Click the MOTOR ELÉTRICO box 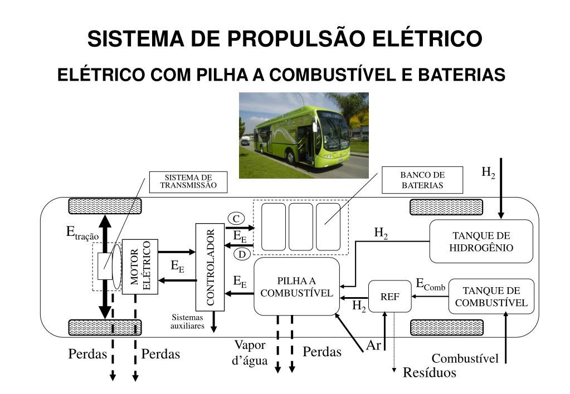[x=140, y=266]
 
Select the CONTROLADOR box [x=210, y=267]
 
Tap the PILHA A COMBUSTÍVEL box [x=296, y=286]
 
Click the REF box [x=389, y=296]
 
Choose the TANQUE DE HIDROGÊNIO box [x=481, y=241]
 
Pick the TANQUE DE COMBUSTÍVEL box [x=491, y=296]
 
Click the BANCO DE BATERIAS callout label [x=422, y=180]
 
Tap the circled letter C [x=236, y=218]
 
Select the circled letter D [x=242, y=254]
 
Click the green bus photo [x=304, y=135]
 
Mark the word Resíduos [x=429, y=373]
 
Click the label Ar [x=373, y=346]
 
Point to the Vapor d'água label [x=250, y=352]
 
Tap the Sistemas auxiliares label [x=187, y=321]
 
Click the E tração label [x=82, y=233]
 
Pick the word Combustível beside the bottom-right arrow [x=465, y=358]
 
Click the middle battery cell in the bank [x=300, y=226]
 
